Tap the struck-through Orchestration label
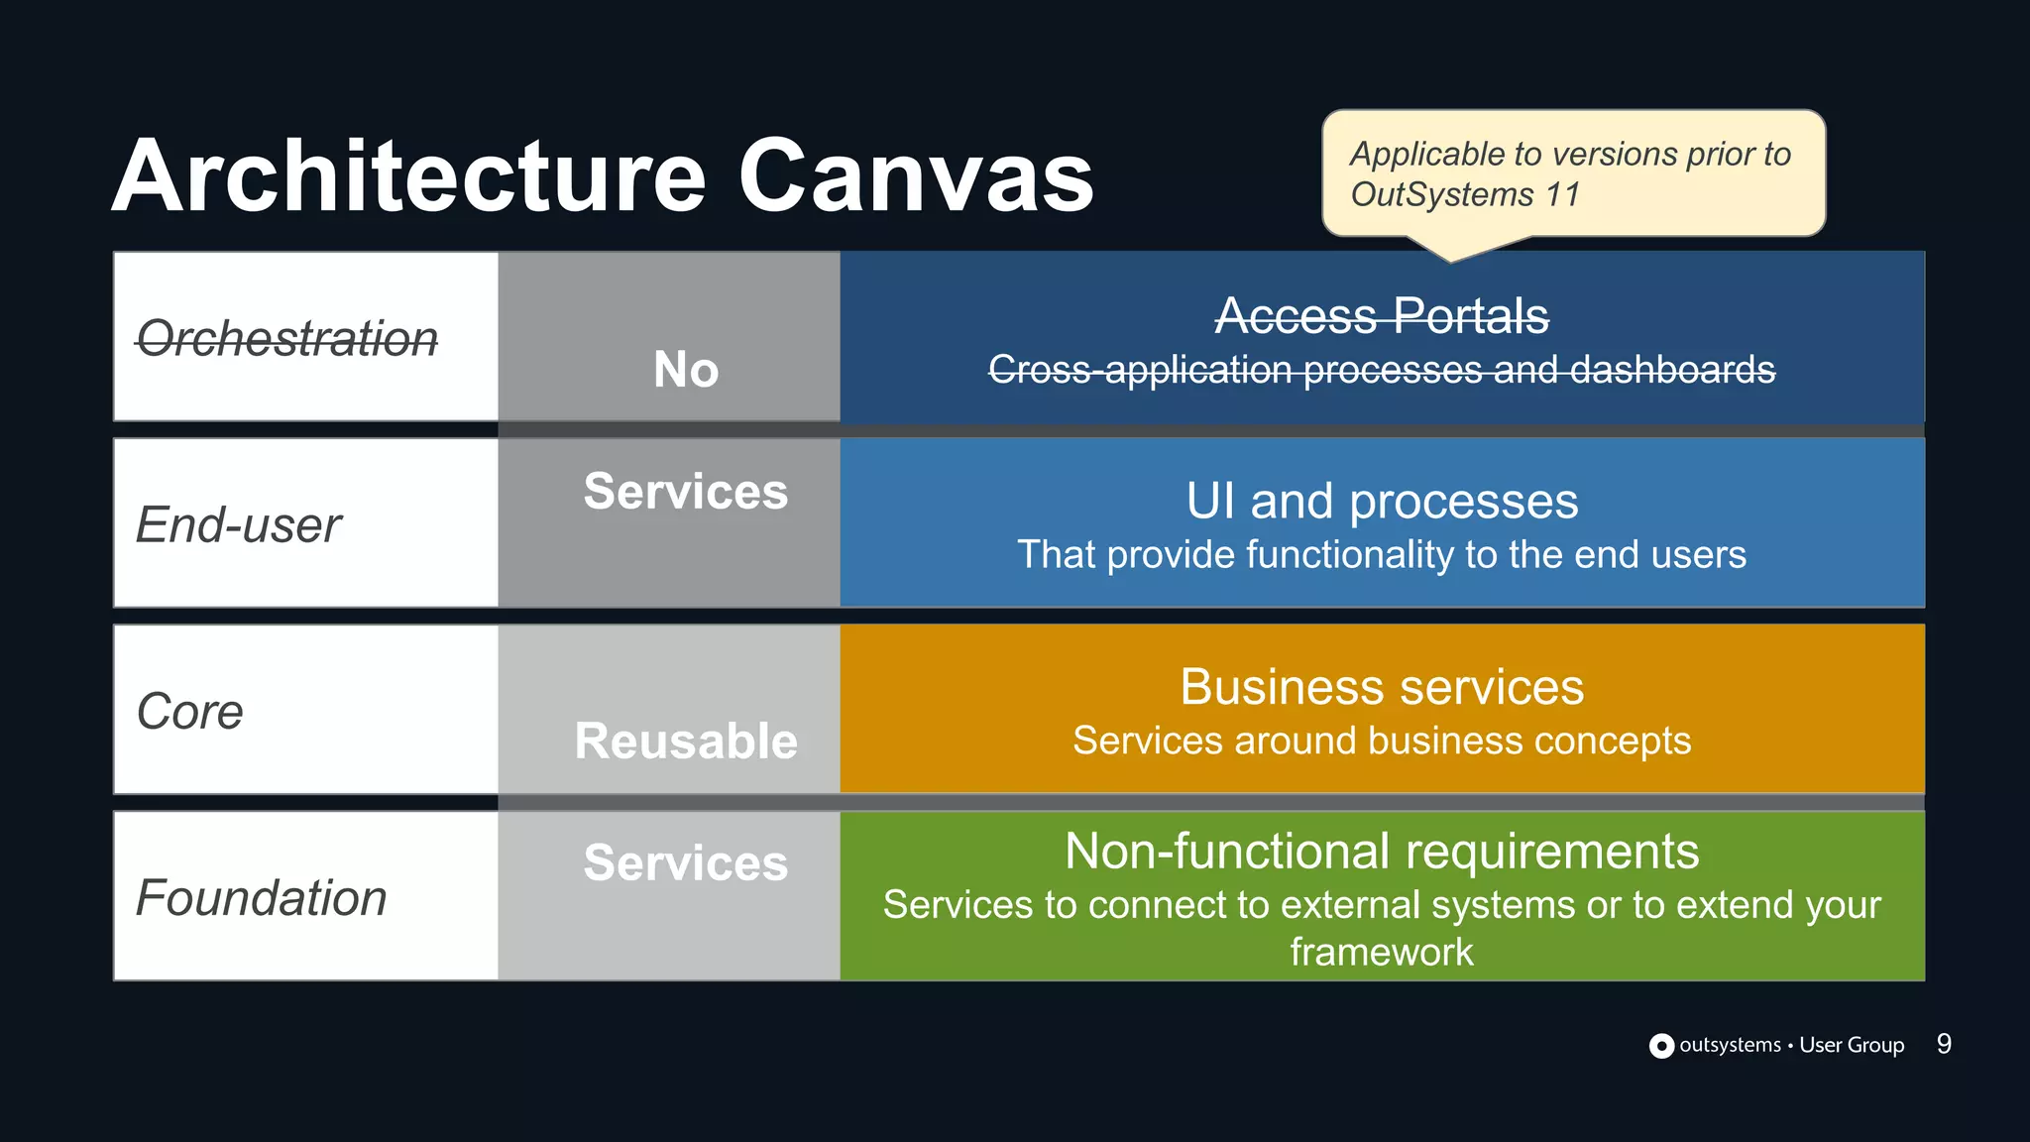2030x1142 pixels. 286,339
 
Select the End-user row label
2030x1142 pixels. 239,524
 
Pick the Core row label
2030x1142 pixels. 190,711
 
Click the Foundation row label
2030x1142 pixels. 261,898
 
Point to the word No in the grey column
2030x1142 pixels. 686,370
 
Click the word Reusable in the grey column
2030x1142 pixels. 686,742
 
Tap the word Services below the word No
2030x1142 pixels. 686,492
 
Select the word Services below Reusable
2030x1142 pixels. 686,862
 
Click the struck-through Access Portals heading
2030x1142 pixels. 1382,316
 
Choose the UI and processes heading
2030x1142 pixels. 1382,502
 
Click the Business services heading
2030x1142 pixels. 1382,687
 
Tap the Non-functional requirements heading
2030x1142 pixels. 1382,852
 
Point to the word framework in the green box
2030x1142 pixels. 1382,952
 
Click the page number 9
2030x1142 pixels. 1944,1044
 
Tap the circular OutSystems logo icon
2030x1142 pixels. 1661,1046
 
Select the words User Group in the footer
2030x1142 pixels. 1852,1045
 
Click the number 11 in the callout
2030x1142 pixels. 1562,194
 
